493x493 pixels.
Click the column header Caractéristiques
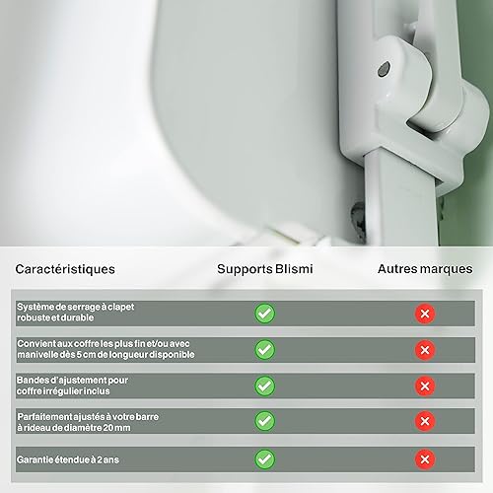pos(65,269)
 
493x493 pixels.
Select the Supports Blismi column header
pos(265,269)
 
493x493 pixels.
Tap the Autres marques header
pos(425,269)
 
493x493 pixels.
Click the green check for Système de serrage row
pos(264,314)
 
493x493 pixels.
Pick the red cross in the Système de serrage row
pos(425,314)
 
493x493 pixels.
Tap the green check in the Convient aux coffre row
pos(264,350)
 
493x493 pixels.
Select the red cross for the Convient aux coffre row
pos(425,350)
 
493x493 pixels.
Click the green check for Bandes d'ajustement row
pos(264,386)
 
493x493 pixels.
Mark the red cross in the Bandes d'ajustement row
pos(425,386)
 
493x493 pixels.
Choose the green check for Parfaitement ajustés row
pos(264,421)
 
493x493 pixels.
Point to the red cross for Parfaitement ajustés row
pos(425,421)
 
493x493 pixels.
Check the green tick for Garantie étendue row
pos(264,459)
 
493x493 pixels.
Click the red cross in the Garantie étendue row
pos(425,459)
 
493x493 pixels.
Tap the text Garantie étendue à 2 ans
pos(68,459)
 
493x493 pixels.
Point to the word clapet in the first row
pos(121,308)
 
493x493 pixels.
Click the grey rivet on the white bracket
pos(384,69)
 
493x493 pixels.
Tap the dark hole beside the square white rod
pos(358,220)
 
